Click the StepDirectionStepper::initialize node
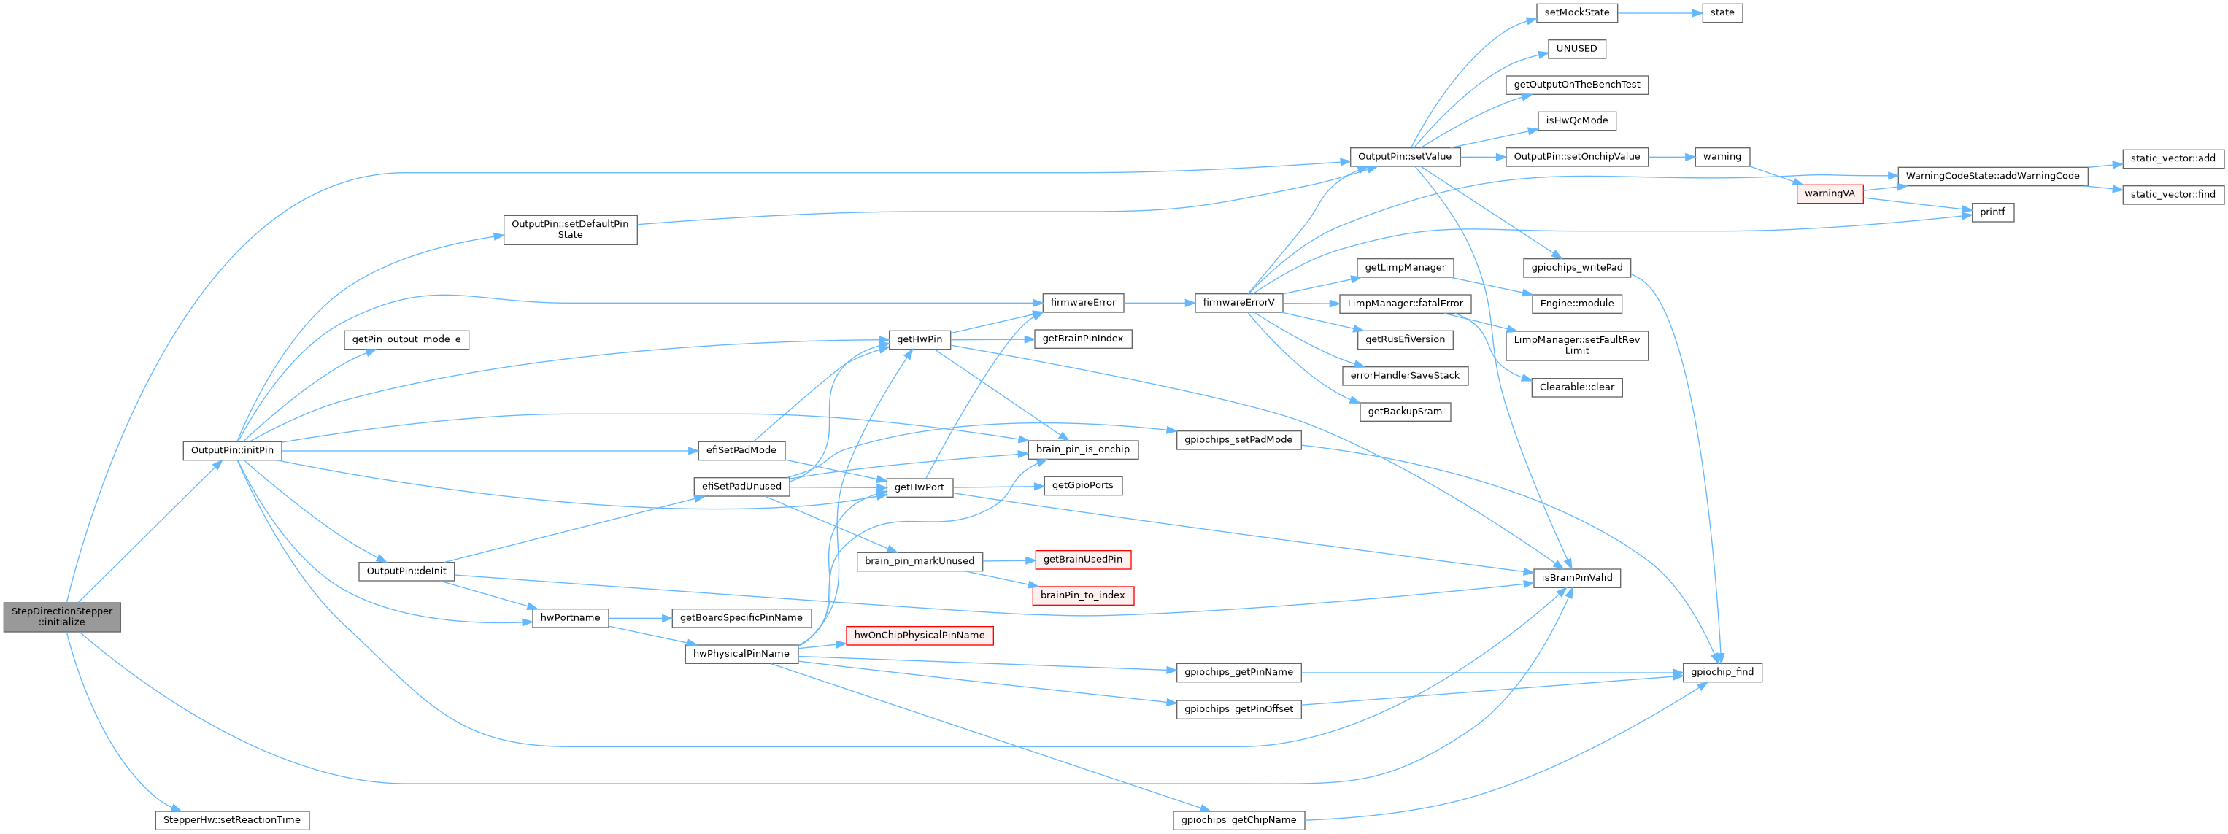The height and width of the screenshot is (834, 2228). [61, 617]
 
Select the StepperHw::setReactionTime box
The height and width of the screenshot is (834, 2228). [232, 820]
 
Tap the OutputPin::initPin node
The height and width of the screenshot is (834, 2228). [232, 451]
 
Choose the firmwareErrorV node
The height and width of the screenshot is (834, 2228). [1238, 303]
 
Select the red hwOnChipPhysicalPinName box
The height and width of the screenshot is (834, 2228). [919, 636]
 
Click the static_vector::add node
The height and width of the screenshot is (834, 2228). [2172, 158]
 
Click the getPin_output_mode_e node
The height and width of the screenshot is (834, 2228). [406, 340]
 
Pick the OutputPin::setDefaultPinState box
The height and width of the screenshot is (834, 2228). [570, 229]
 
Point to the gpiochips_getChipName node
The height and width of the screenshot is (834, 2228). [1239, 820]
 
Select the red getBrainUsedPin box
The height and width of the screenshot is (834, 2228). [1082, 560]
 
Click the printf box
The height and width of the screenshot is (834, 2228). [1992, 212]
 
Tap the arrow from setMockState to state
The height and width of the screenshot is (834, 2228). [1659, 13]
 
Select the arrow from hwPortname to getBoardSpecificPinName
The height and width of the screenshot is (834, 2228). [640, 618]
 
